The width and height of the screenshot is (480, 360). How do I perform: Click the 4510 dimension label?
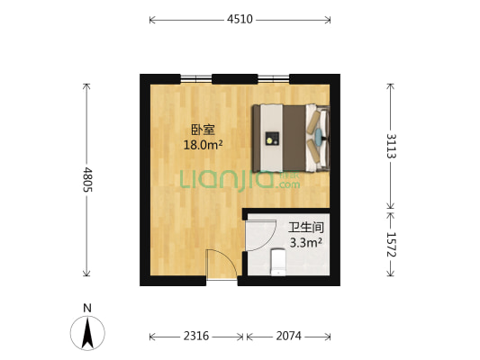tap(240, 18)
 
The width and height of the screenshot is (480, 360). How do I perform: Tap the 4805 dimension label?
tap(87, 181)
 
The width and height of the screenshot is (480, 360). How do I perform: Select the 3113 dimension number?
tap(391, 145)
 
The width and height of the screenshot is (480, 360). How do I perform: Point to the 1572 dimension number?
tap(391, 247)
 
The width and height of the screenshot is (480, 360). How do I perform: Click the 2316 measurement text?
tap(196, 336)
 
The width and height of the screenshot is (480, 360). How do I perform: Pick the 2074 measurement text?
tap(287, 336)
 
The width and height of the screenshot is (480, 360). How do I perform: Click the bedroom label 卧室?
tap(203, 129)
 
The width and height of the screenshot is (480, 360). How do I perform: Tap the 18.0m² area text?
tap(203, 144)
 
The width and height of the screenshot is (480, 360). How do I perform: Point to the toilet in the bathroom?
tap(278, 263)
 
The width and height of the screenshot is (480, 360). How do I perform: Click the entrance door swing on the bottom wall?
tap(221, 265)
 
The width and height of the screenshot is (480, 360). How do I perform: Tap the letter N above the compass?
tap(87, 308)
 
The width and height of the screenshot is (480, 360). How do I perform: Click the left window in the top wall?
tap(196, 78)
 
